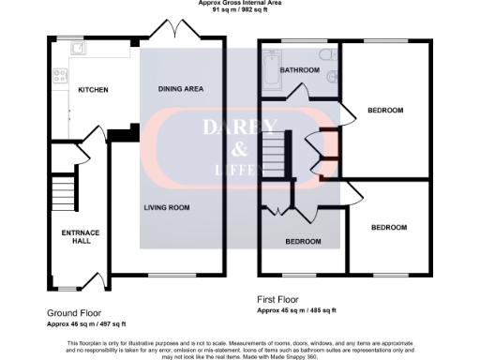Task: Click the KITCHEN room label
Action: pos(94,90)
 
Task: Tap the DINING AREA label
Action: pos(181,89)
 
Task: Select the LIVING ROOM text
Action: pos(167,207)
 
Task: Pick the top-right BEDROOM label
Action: pos(384,111)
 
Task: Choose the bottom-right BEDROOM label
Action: pos(388,228)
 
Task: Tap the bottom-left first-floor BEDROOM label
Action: pos(303,241)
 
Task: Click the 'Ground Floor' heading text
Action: pos(74,313)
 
